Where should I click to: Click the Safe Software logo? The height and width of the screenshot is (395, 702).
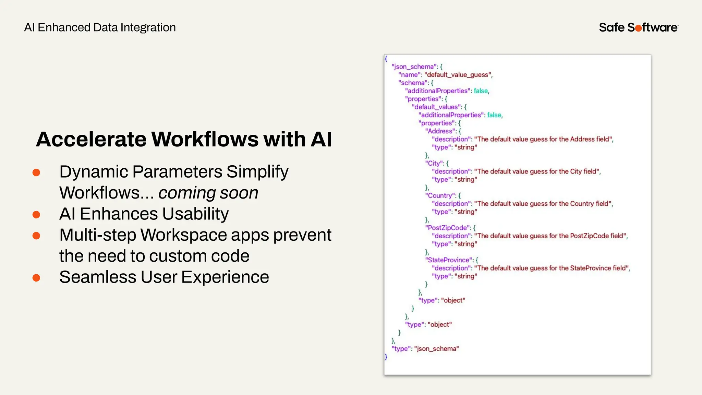click(638, 27)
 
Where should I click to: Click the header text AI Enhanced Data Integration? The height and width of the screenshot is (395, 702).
click(100, 27)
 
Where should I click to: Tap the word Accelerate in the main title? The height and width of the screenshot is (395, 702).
click(91, 139)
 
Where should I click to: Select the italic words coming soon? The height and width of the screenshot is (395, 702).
click(208, 193)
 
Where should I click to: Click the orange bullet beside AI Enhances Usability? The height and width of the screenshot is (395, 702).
click(36, 215)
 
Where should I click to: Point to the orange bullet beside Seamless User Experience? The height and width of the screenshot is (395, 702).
click(36, 277)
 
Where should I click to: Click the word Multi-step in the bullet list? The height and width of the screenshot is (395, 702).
click(97, 235)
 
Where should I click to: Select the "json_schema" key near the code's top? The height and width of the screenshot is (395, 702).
click(414, 67)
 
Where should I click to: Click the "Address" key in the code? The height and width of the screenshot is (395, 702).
click(441, 131)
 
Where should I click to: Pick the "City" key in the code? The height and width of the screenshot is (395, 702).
click(434, 163)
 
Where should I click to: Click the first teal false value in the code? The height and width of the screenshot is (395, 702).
click(481, 91)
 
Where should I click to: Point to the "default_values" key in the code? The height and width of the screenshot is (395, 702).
click(436, 107)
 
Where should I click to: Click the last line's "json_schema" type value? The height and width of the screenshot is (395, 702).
click(436, 349)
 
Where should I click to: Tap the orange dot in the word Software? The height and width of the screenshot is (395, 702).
click(638, 28)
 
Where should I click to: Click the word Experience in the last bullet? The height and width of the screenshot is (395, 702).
click(225, 277)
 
